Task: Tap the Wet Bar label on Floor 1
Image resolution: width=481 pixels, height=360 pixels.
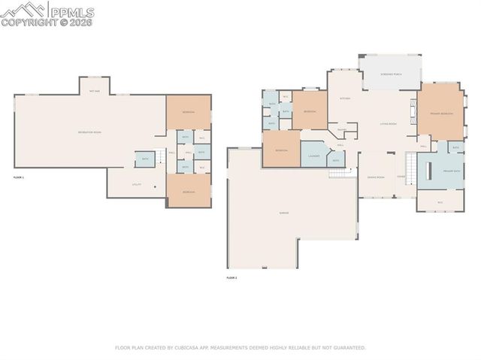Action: [95, 91]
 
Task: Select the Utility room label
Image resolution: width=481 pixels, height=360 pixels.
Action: [137, 184]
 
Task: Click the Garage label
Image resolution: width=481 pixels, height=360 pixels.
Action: [284, 213]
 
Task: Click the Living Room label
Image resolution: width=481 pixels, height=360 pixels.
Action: [388, 124]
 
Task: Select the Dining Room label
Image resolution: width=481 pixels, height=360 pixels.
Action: [376, 177]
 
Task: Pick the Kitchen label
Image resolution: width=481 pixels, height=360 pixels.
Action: [345, 98]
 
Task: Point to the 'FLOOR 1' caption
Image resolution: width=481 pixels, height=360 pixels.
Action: [19, 177]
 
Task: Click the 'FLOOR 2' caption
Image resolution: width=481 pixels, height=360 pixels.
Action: [231, 278]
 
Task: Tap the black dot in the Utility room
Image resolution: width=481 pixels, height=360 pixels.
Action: [156, 186]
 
